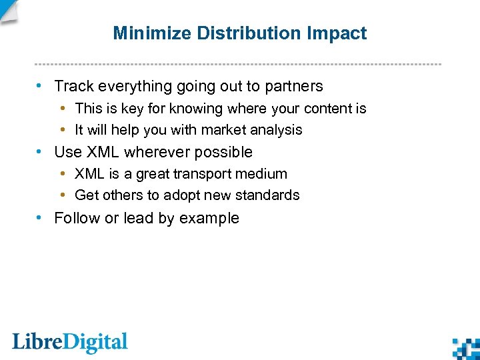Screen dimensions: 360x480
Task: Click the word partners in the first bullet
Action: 293,87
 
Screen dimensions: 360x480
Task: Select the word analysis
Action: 277,130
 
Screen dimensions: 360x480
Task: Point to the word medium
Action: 264,174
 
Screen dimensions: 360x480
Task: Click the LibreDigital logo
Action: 69,343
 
